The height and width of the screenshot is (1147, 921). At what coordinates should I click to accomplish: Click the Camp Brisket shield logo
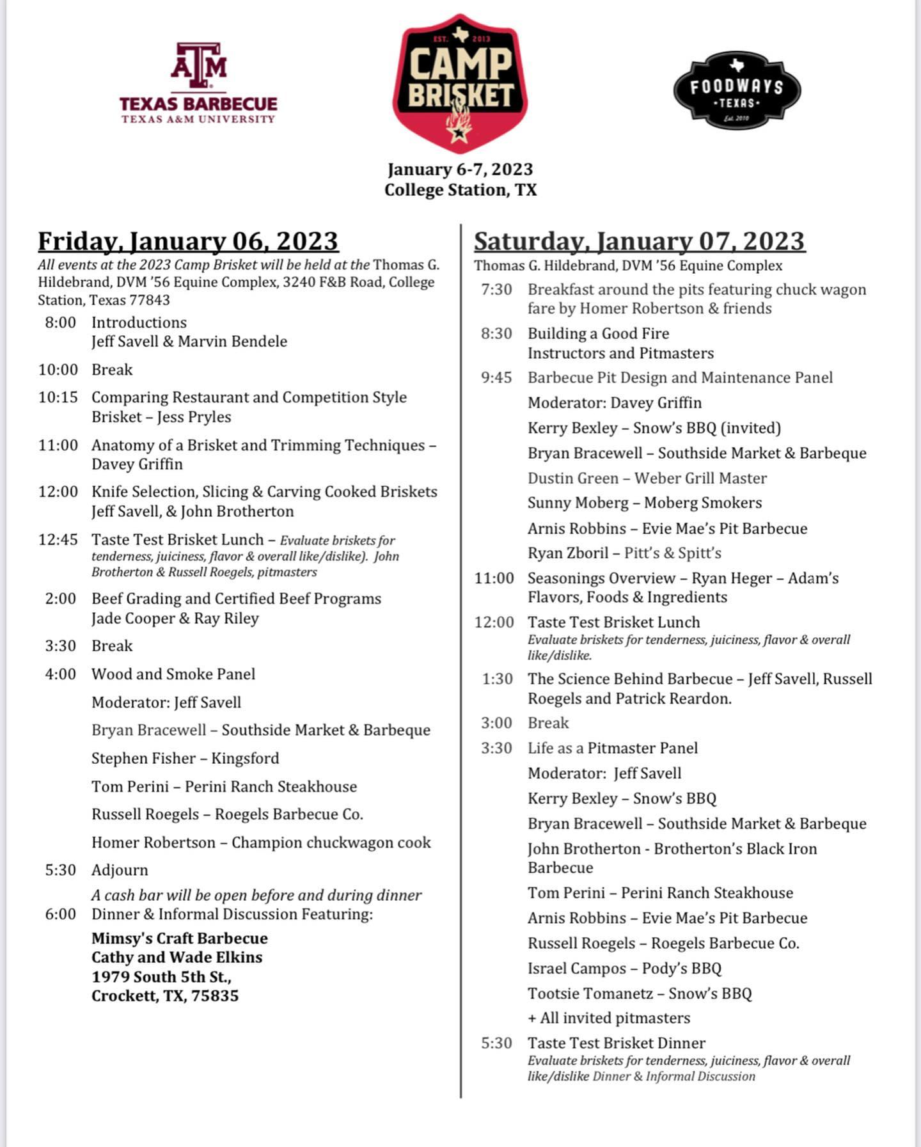(x=460, y=83)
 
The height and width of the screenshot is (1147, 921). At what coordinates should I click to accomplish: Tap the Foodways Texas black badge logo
(x=737, y=90)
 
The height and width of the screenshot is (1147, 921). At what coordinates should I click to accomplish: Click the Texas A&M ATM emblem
(x=198, y=66)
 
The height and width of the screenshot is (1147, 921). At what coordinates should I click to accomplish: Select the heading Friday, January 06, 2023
(x=188, y=242)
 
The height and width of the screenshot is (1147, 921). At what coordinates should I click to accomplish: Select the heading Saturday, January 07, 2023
(x=639, y=242)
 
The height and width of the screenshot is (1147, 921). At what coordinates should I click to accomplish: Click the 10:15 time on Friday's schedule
(x=58, y=397)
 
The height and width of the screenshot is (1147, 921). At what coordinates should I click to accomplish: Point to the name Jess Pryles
(x=194, y=417)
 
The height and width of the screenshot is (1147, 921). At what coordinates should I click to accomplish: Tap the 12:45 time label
(x=58, y=540)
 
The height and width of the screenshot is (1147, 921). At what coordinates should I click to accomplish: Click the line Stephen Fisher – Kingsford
(x=185, y=759)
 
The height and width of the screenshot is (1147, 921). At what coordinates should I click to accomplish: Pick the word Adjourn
(x=120, y=870)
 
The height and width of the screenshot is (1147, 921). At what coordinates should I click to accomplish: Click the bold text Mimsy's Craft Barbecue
(x=180, y=938)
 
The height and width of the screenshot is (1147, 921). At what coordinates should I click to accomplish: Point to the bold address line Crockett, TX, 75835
(x=165, y=996)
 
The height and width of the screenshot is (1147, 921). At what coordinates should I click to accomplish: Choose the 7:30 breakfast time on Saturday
(x=497, y=290)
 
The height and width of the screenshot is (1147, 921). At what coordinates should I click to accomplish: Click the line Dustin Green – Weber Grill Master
(x=647, y=479)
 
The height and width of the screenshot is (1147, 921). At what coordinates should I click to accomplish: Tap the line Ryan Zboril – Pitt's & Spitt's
(x=624, y=553)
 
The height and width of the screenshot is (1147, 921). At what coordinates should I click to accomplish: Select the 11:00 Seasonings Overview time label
(x=494, y=578)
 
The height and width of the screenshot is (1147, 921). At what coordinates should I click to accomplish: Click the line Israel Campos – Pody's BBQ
(x=624, y=969)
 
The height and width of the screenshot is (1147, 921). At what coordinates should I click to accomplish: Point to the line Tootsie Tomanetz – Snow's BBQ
(x=640, y=993)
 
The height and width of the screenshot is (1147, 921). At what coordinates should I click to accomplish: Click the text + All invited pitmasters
(x=609, y=1018)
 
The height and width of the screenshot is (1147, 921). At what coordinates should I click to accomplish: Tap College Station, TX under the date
(x=460, y=190)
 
